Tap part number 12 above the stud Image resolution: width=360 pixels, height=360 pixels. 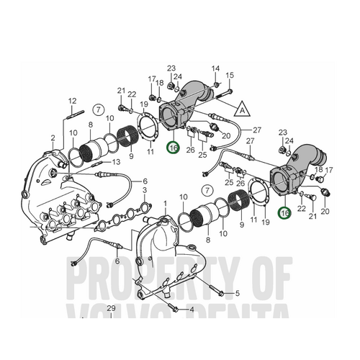point(73,100)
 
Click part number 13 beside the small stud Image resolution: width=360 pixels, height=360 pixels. point(117,163)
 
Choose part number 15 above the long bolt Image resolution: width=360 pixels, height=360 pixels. point(230,75)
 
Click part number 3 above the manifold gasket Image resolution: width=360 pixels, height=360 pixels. point(146,190)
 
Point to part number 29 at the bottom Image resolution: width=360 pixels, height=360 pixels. point(112,309)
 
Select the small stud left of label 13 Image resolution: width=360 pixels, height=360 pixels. point(98,163)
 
